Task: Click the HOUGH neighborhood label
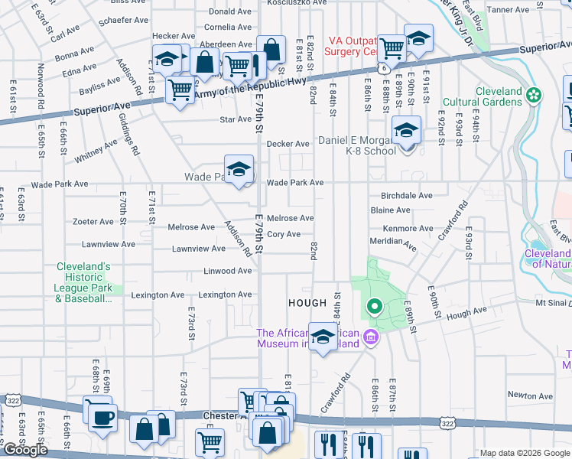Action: [x=307, y=304]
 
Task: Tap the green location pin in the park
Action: [x=374, y=308]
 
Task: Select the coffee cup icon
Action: [x=103, y=418]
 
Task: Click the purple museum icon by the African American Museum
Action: [x=370, y=337]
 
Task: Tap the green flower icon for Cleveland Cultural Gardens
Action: [x=534, y=96]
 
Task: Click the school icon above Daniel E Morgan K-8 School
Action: [x=406, y=129]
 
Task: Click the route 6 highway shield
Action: [x=380, y=69]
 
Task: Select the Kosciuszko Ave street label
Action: [x=297, y=3]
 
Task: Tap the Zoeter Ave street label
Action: [x=93, y=222]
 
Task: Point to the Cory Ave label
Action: [x=283, y=234]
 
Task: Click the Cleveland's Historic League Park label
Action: [x=84, y=282]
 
